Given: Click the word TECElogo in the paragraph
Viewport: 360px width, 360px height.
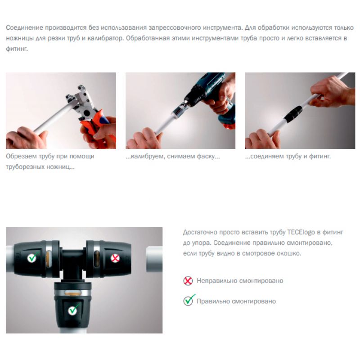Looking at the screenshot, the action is coord(301,232).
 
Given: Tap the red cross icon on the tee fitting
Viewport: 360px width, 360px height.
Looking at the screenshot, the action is coord(115,258).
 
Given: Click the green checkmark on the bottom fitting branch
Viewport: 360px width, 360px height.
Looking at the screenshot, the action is coord(73,310).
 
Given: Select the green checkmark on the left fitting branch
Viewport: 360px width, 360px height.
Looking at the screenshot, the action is coord(32,257).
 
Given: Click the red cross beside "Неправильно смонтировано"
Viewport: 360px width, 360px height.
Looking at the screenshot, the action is coord(188,281).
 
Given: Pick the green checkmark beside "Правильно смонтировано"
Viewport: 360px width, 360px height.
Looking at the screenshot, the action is coord(189,300).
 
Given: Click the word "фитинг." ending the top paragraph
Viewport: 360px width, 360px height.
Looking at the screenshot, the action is coord(17,49).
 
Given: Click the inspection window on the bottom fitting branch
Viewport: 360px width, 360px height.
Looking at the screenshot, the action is coord(72,293).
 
